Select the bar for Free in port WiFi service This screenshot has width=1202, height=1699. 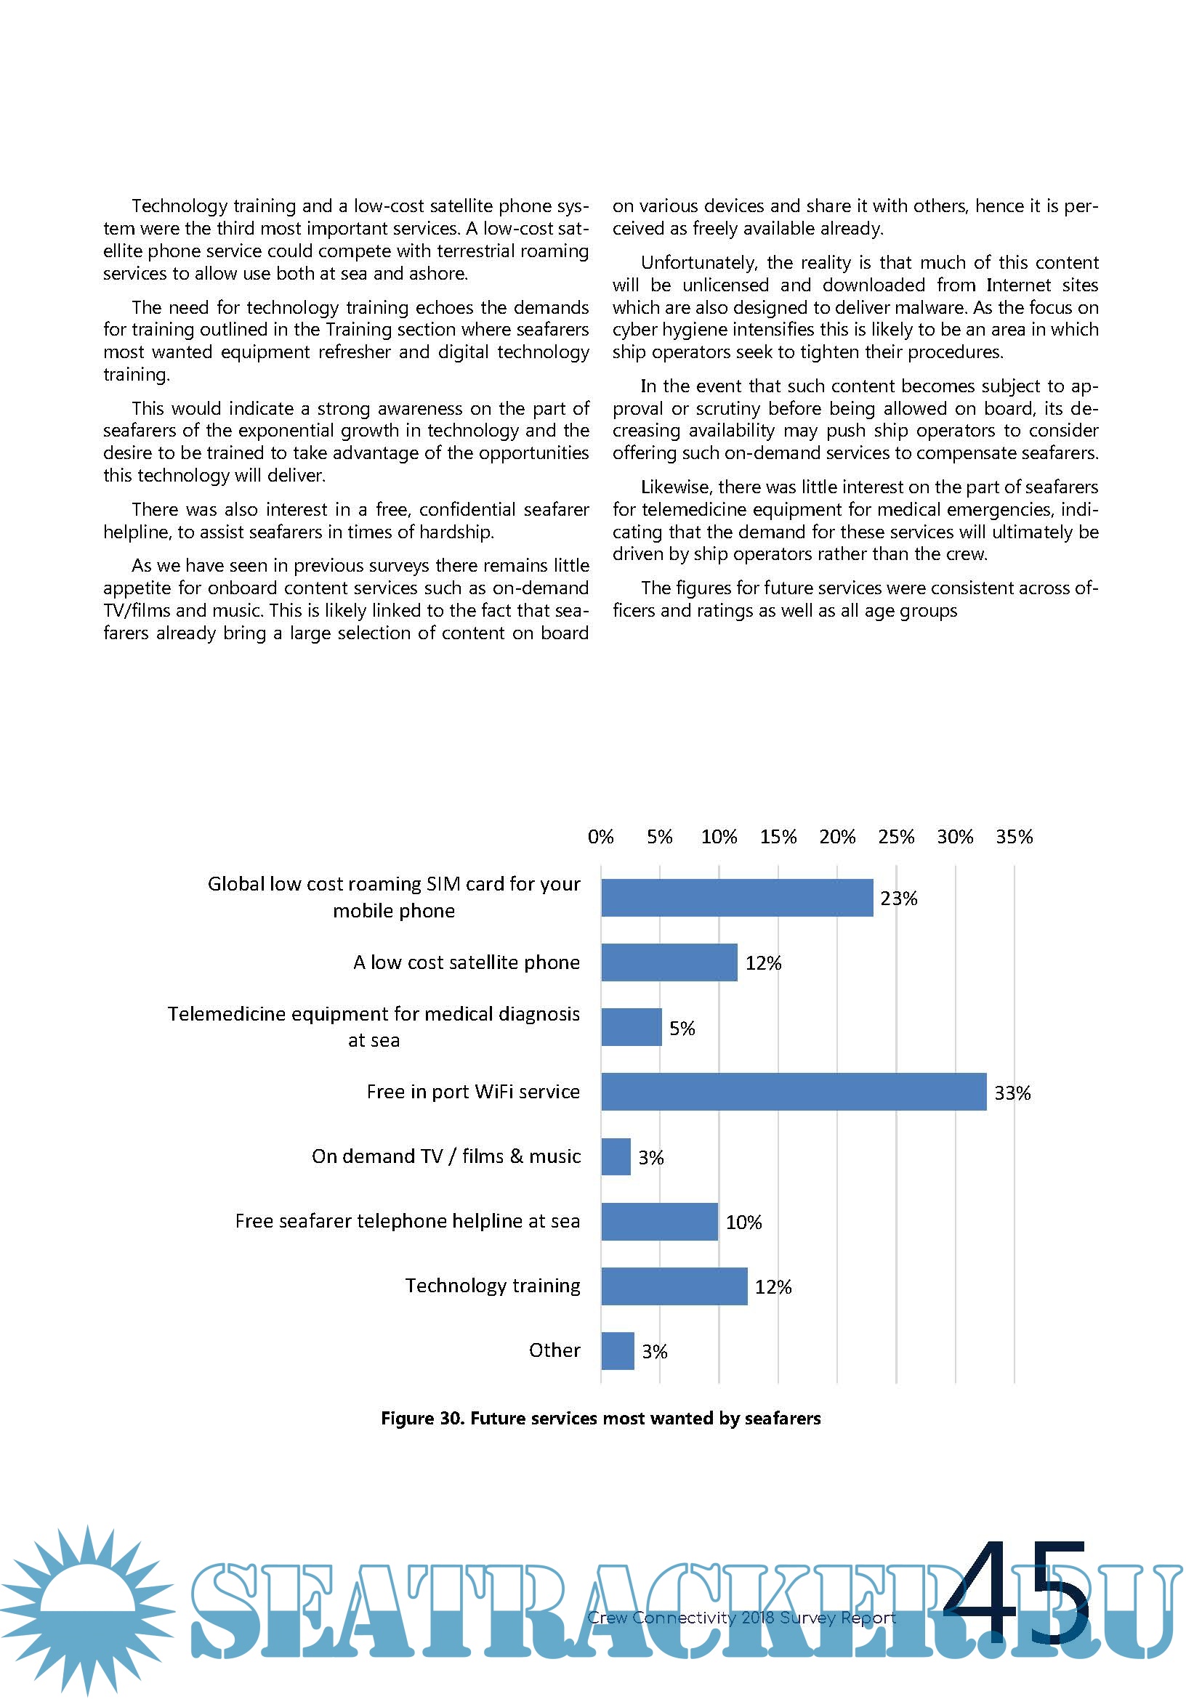pyautogui.click(x=794, y=1092)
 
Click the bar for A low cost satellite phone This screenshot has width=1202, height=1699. pyautogui.click(x=669, y=962)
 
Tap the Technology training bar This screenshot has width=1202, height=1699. pyautogui.click(x=674, y=1286)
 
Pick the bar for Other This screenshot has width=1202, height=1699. pyautogui.click(x=617, y=1350)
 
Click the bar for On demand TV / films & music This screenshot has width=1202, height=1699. pyautogui.click(x=616, y=1156)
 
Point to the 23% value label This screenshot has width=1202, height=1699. pyautogui.click(x=898, y=899)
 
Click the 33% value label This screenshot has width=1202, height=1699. pyautogui.click(x=1012, y=1093)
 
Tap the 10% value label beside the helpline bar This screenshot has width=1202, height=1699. pyautogui.click(x=743, y=1222)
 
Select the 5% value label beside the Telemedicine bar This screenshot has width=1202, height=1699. pyautogui.click(x=682, y=1029)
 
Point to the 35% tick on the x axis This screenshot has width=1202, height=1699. pyautogui.click(x=1014, y=837)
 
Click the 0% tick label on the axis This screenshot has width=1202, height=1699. pyautogui.click(x=600, y=837)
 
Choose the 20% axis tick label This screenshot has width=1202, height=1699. pyautogui.click(x=837, y=837)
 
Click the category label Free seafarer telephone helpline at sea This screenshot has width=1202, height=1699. pyautogui.click(x=407, y=1221)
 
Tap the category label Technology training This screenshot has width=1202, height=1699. pyautogui.click(x=492, y=1286)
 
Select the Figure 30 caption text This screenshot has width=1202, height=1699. pyautogui.click(x=600, y=1418)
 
